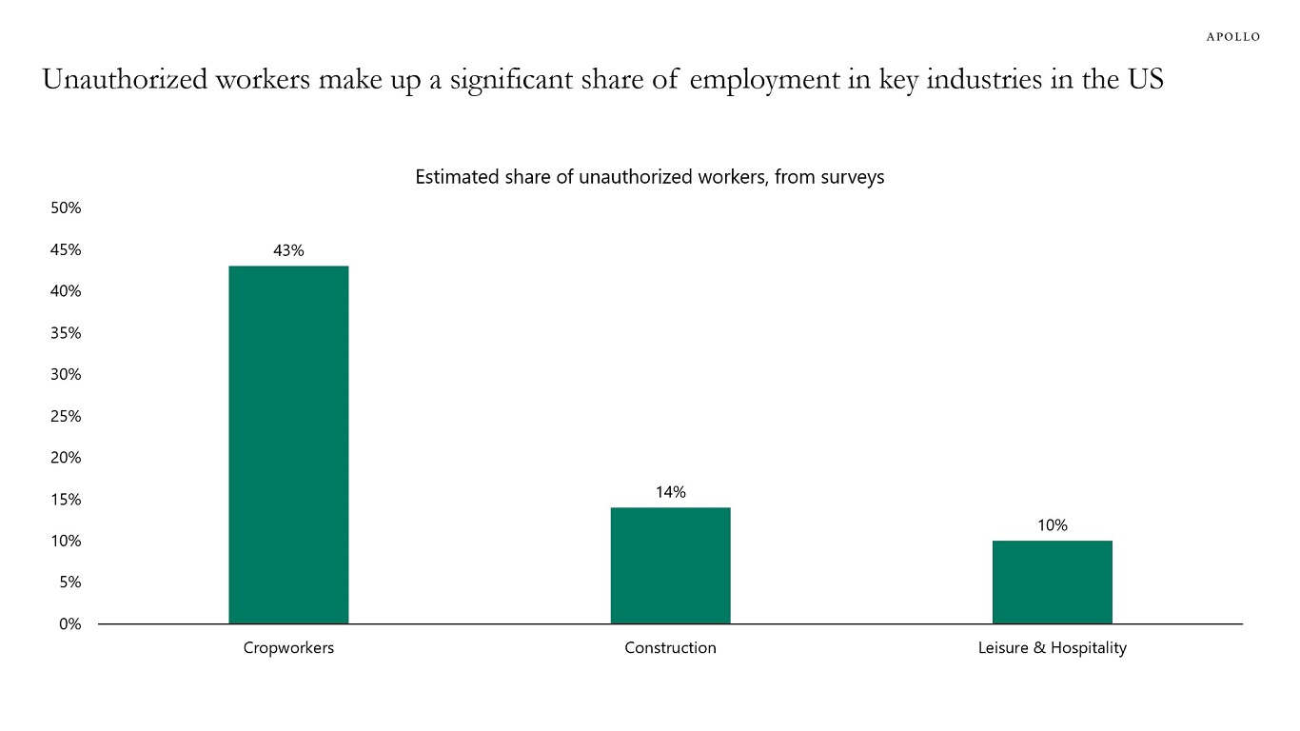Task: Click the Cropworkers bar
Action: tap(288, 445)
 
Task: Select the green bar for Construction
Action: tap(670, 565)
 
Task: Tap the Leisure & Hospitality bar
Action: tap(1052, 582)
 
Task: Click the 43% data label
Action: tap(288, 250)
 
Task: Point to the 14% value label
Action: tap(670, 492)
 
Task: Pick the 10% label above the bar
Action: tap(1052, 525)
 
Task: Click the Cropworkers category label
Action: tap(288, 648)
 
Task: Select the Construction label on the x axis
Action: tap(670, 648)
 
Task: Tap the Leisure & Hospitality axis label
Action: tap(1052, 648)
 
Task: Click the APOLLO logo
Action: tap(1233, 37)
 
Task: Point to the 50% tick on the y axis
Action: tap(66, 208)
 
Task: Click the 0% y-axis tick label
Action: tap(69, 624)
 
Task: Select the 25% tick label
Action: tap(66, 416)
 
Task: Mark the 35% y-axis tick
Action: tap(66, 333)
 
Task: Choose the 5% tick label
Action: tap(69, 583)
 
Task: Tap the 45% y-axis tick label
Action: tap(66, 250)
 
